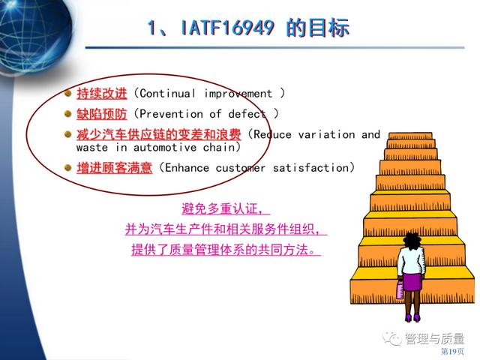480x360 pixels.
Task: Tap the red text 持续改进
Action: coord(102,93)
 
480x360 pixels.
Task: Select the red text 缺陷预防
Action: coord(102,114)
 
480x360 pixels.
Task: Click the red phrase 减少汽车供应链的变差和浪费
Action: coord(159,134)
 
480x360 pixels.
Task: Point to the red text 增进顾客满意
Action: coord(114,168)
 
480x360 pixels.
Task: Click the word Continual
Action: coord(167,93)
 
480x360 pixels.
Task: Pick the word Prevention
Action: coord(171,114)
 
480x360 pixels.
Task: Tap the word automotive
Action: coord(165,148)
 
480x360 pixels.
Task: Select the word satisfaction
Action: coord(310,168)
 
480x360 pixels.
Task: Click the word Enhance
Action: coord(187,168)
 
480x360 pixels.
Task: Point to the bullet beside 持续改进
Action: coord(68,93)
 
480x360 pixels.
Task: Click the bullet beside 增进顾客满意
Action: coord(68,167)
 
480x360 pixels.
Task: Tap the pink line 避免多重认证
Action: coord(226,209)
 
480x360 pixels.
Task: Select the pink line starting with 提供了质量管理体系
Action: coord(226,250)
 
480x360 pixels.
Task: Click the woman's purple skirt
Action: coord(412,282)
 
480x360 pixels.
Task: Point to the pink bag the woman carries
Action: coord(400,289)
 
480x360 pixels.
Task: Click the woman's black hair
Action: coord(412,241)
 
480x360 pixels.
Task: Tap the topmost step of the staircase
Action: coord(410,136)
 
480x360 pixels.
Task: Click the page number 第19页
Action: coord(452,351)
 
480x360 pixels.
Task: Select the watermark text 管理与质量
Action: coord(435,338)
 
